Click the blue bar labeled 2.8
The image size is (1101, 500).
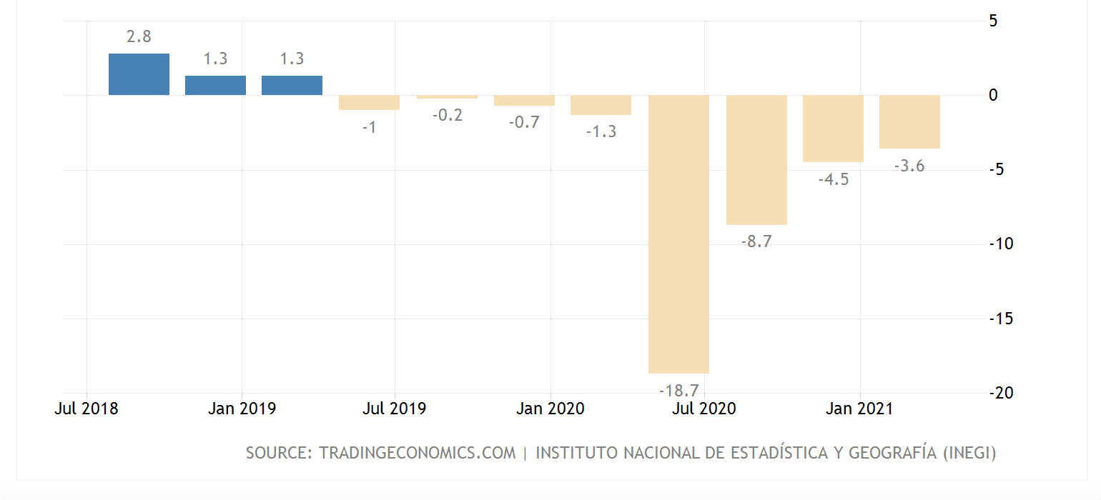pos(139,74)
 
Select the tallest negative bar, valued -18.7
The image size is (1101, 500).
pos(678,234)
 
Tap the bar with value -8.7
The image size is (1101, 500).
pos(756,160)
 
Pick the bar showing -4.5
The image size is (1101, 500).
pos(833,129)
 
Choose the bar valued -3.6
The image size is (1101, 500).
pos(909,122)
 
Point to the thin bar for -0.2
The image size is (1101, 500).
pos(447,97)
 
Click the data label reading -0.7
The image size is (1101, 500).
pos(524,122)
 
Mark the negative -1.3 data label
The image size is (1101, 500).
pos(601,131)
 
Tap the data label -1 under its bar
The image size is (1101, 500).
pos(369,127)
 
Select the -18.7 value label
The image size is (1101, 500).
pos(678,390)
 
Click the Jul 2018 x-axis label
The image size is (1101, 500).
pos(87,409)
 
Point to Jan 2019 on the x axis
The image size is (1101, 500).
pos(242,409)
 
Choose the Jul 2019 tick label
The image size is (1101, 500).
pos(395,409)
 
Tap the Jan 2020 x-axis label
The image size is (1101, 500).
pos(550,409)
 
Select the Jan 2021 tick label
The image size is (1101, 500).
pos(859,409)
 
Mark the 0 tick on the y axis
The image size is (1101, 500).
pos(992,95)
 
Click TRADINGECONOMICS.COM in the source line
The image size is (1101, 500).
pos(417,453)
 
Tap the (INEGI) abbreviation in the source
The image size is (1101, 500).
pos(969,453)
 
